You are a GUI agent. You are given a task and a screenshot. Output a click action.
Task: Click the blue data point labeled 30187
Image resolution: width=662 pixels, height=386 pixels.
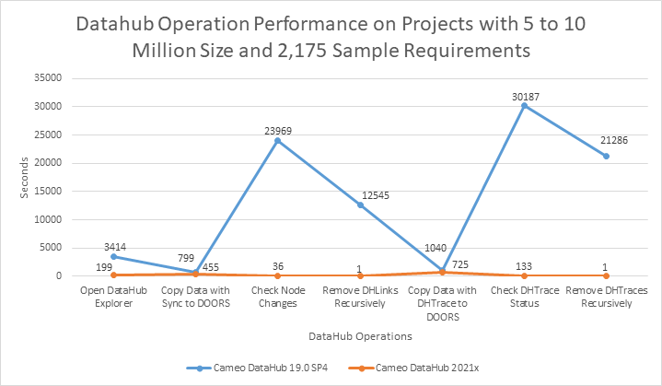tap(524, 106)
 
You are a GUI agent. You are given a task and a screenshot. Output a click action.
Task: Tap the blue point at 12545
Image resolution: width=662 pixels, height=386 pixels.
tap(359, 205)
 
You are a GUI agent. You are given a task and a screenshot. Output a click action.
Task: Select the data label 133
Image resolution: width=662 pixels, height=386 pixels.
tap(524, 264)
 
